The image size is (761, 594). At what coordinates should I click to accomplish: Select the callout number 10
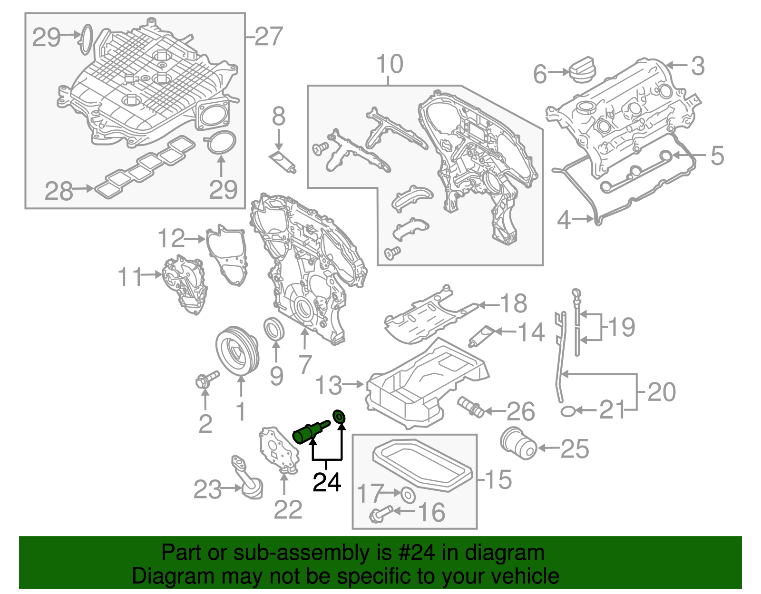(x=390, y=64)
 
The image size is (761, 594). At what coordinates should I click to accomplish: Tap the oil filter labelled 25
(x=518, y=443)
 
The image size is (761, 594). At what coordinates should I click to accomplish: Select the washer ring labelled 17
(x=408, y=495)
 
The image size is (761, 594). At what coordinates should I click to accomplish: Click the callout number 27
(x=269, y=37)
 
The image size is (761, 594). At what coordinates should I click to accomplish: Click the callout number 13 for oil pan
(x=329, y=385)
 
